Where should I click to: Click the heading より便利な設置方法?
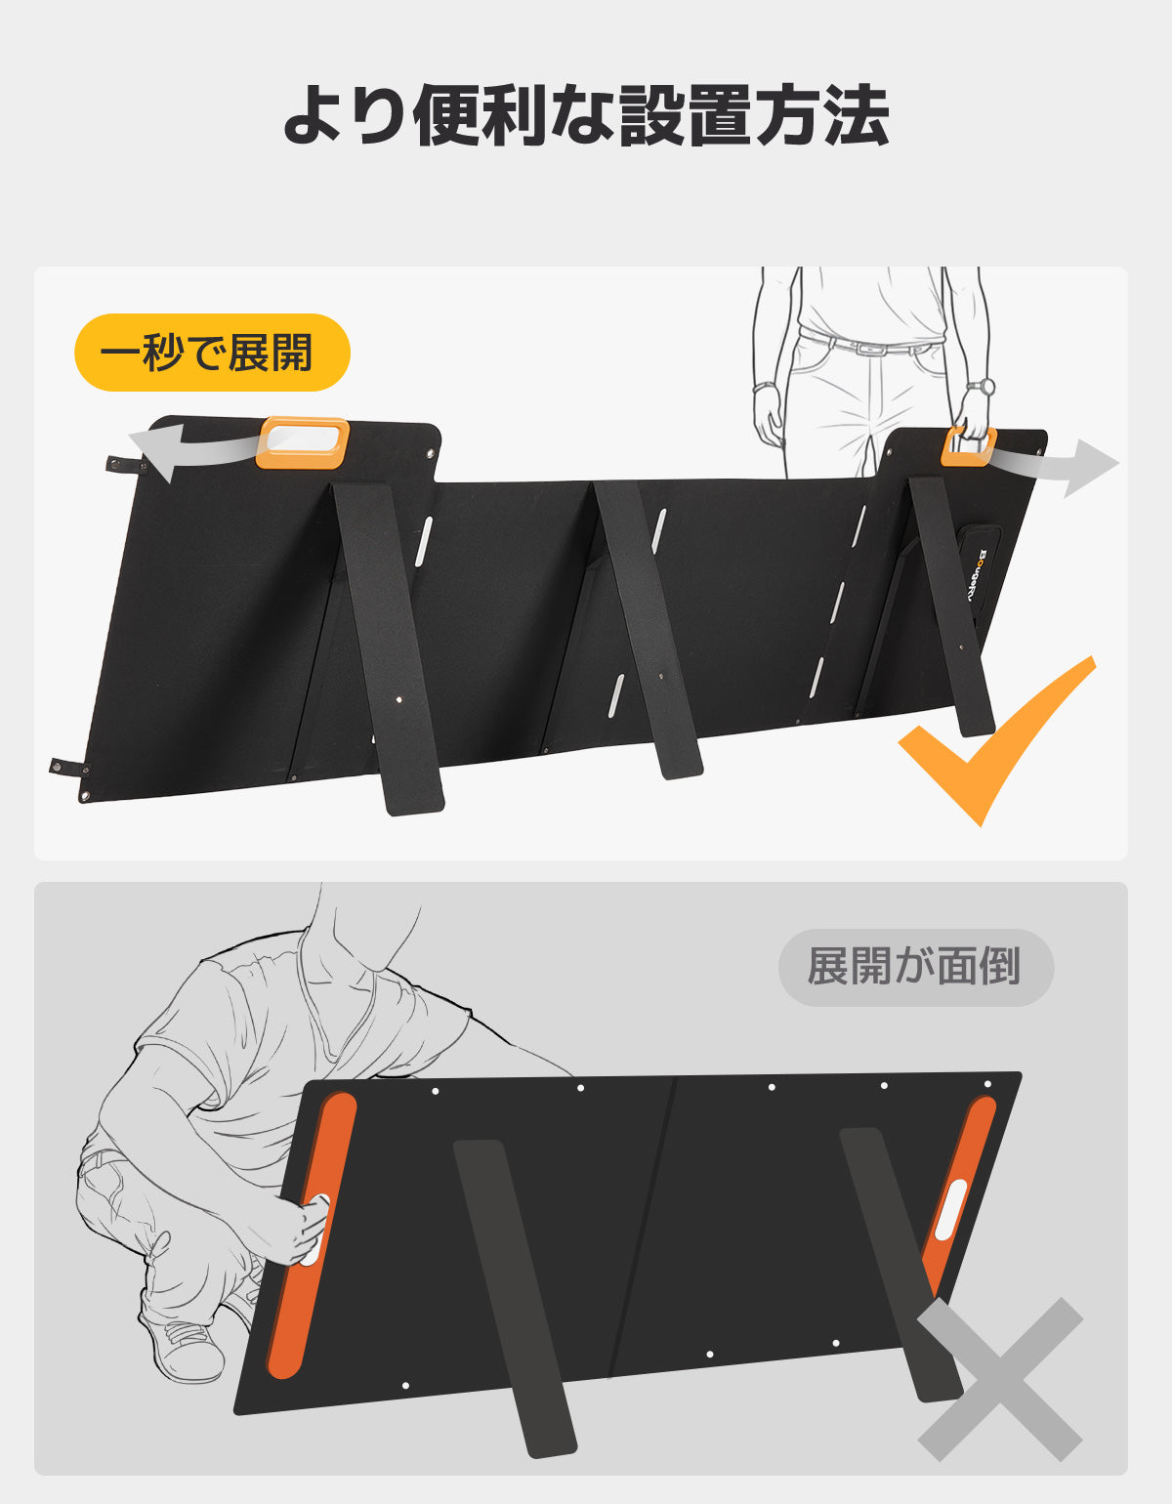point(586,115)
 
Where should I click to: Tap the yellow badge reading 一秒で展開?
point(212,353)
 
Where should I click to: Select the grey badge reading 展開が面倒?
point(916,967)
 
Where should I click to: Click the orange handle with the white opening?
point(303,442)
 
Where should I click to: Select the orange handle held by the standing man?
point(968,446)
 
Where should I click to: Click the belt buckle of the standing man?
point(864,348)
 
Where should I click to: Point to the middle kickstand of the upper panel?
point(647,630)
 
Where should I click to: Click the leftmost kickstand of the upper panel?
point(388,648)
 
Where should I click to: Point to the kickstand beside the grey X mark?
point(900,1265)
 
